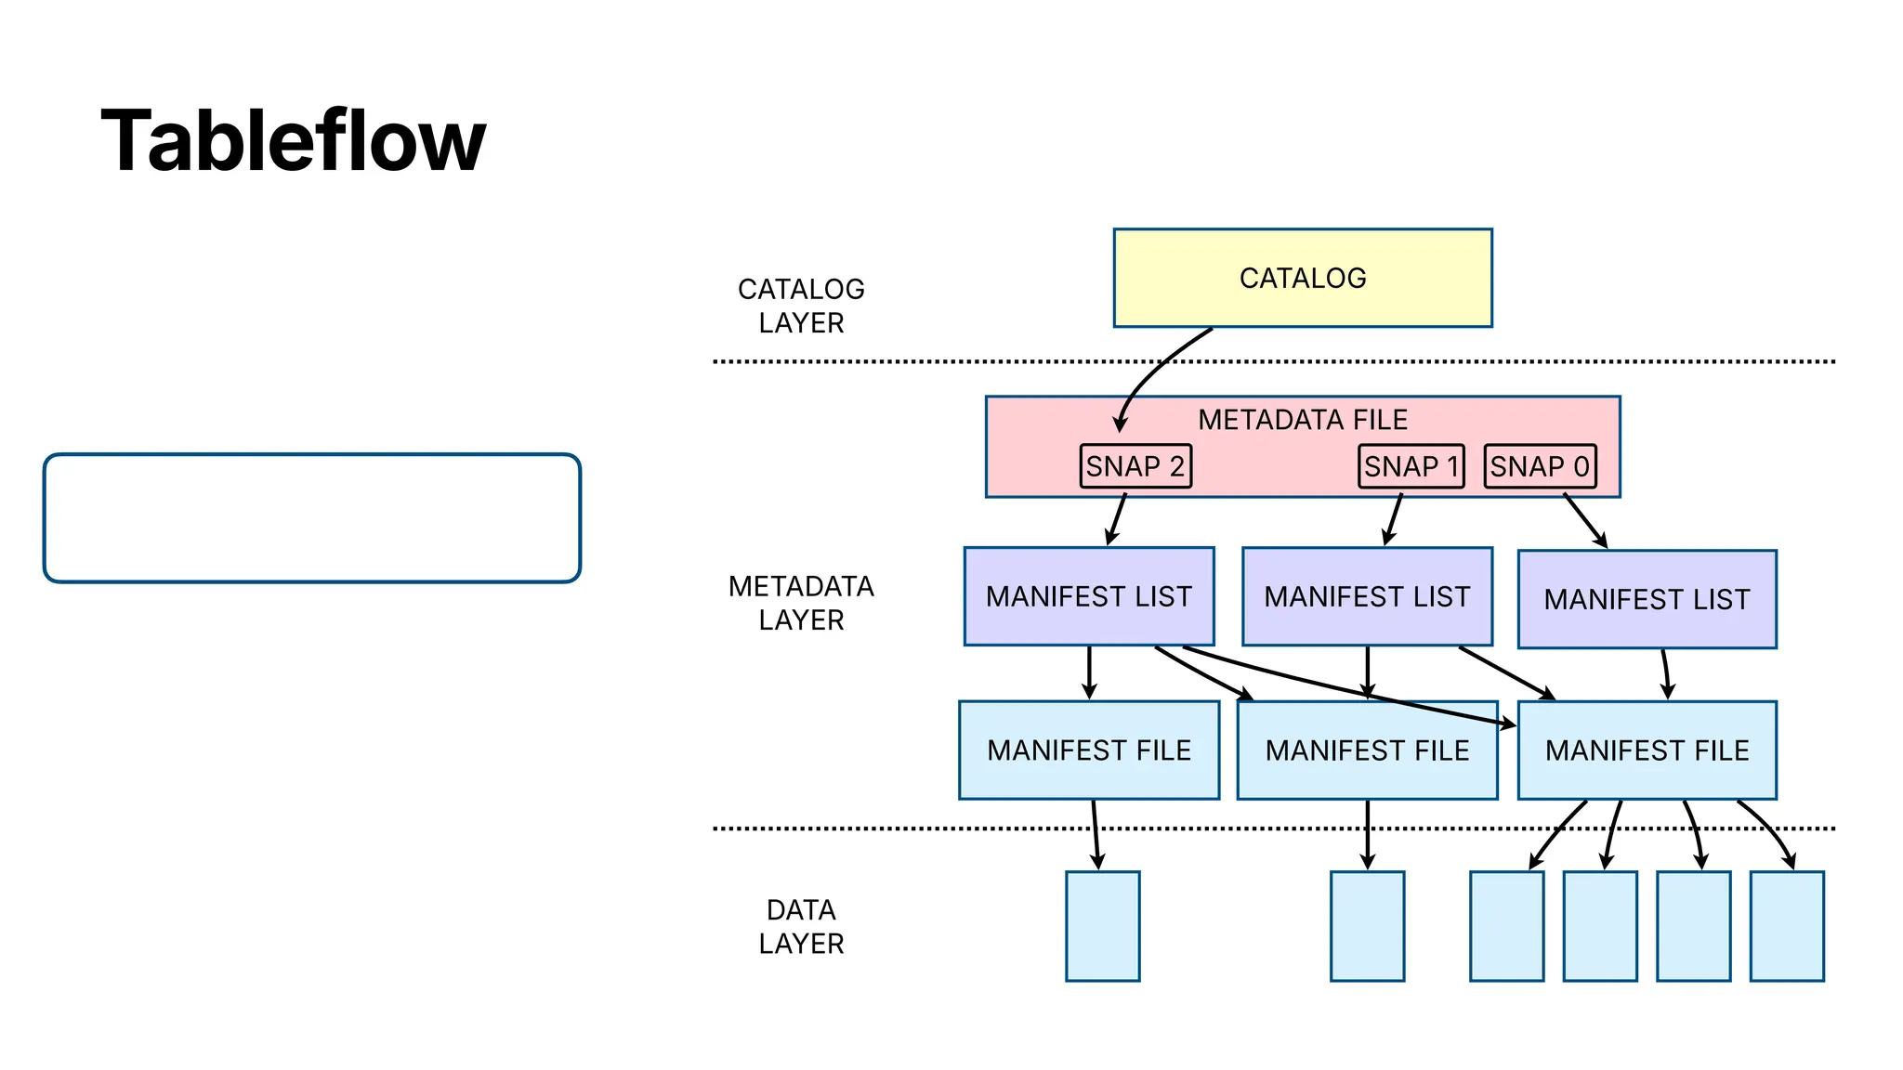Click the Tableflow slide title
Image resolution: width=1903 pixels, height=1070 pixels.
click(x=293, y=141)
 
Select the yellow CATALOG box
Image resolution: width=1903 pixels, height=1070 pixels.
click(x=1302, y=278)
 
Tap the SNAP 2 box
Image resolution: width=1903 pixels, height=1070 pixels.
click(x=1135, y=466)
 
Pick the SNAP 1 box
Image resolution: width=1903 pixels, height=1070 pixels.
click(x=1411, y=466)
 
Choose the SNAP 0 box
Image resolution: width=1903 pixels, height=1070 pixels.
click(x=1540, y=466)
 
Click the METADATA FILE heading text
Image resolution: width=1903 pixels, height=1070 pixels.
click(x=1302, y=420)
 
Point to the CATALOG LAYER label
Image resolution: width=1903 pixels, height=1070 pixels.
click(x=800, y=306)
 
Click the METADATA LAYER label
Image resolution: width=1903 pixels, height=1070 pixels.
click(x=800, y=603)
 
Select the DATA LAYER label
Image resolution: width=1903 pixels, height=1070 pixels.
click(x=800, y=926)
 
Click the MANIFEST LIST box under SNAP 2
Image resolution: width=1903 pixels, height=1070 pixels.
click(x=1088, y=596)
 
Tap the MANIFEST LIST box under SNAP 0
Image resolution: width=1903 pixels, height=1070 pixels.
click(x=1647, y=599)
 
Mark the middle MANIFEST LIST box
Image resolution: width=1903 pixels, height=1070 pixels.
click(x=1367, y=596)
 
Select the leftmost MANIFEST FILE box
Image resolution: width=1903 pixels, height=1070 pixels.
click(x=1088, y=750)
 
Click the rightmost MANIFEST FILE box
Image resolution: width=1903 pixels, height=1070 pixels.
click(x=1647, y=750)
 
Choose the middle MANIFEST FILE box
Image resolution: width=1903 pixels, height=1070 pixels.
click(x=1367, y=750)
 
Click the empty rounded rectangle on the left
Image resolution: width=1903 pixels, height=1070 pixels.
click(x=311, y=518)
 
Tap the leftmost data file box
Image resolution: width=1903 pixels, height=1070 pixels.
click(x=1102, y=926)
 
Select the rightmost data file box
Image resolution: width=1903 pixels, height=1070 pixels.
click(x=1786, y=926)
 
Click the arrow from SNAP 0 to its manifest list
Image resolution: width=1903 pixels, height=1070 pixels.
click(x=1584, y=520)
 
